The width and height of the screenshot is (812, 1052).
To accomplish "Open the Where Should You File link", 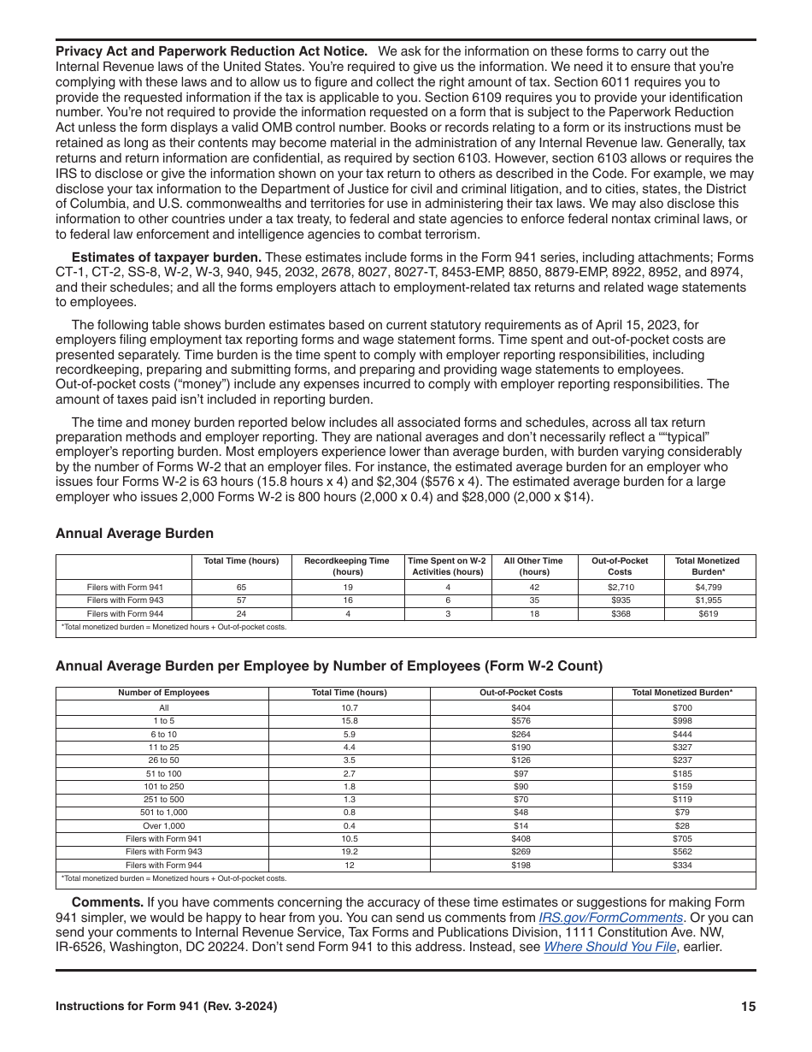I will pyautogui.click(x=609, y=947).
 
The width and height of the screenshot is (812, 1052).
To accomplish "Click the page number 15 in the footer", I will pyautogui.click(x=748, y=1007).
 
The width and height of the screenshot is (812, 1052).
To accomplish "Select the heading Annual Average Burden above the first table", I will pyautogui.click(x=134, y=534).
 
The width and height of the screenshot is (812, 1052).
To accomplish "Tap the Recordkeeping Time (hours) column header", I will pyautogui.click(x=346, y=566).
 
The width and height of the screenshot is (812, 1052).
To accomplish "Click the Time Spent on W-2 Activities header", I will pyautogui.click(x=446, y=566).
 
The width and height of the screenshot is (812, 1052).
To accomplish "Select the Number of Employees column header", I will pyautogui.click(x=163, y=693).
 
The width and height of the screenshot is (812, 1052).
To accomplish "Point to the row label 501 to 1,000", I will pyautogui.click(x=163, y=813).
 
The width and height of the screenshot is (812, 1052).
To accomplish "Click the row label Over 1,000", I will pyautogui.click(x=163, y=825).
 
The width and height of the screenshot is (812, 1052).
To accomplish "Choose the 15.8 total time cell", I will pyautogui.click(x=349, y=721).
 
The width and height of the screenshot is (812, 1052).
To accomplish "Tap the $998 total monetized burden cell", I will pyautogui.click(x=681, y=721).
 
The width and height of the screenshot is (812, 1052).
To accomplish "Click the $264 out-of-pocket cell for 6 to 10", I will pyautogui.click(x=521, y=734).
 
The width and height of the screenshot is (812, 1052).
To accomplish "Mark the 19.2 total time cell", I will pyautogui.click(x=349, y=852).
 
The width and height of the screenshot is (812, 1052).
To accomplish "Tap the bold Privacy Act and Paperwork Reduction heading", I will pyautogui.click(x=211, y=51).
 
